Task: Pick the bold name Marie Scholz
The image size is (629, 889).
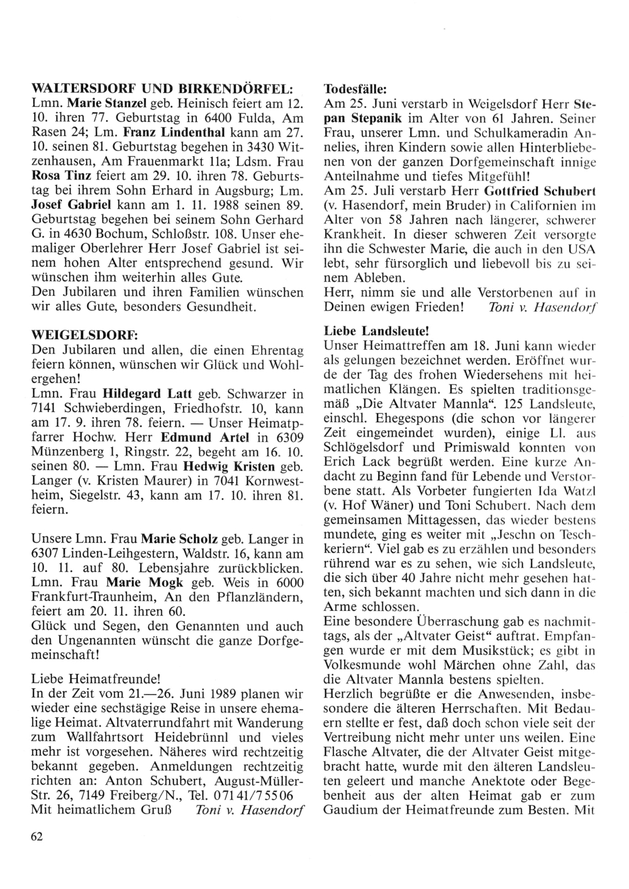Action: coord(179,539)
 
